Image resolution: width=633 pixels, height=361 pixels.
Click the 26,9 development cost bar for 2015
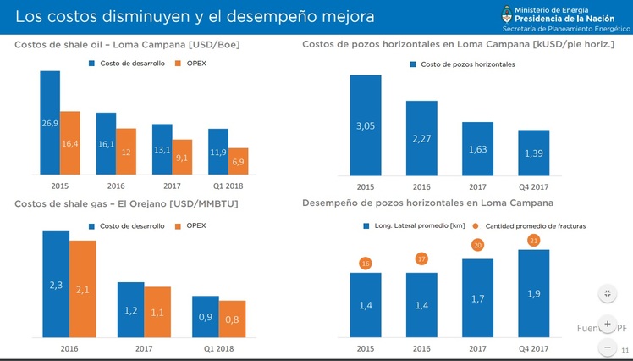point(50,123)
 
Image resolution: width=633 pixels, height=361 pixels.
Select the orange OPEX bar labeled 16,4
point(70,143)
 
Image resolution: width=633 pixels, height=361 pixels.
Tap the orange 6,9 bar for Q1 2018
point(238,162)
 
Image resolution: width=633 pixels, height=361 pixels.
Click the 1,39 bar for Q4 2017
point(533,153)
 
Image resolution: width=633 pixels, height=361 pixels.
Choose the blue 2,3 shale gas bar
point(56,284)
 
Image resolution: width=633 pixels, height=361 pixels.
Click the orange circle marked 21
point(533,240)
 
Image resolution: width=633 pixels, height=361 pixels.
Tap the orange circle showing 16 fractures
point(366,264)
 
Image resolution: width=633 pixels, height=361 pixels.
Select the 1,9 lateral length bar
point(533,292)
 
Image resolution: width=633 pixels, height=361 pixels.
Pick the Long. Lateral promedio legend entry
point(410,226)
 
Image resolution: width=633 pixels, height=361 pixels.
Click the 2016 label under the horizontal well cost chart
point(421,186)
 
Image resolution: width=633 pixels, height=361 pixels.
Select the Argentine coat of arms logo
point(507,14)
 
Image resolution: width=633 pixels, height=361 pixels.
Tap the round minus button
point(608,347)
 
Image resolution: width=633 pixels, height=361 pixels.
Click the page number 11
point(625,351)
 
